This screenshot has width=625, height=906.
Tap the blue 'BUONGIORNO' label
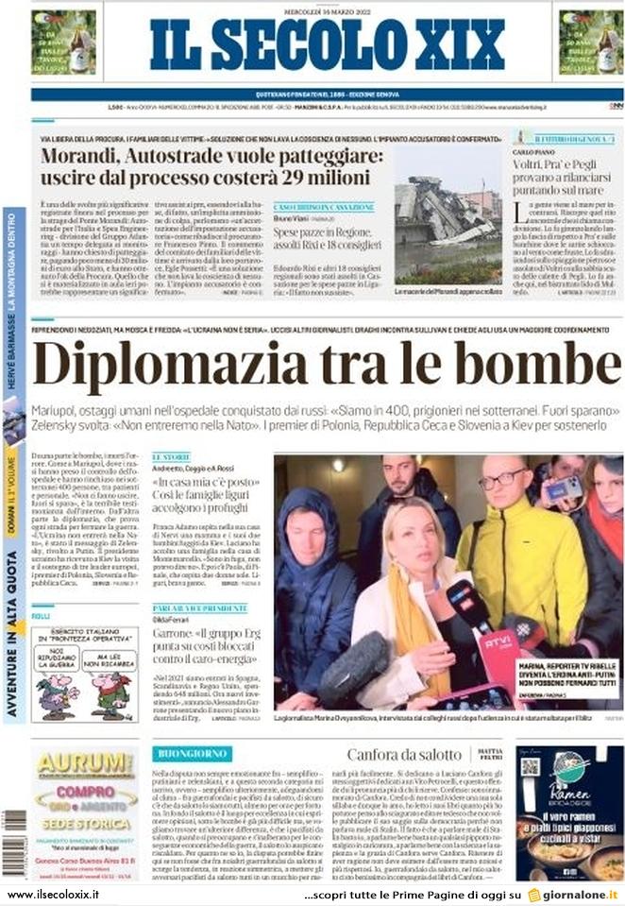tap(192, 754)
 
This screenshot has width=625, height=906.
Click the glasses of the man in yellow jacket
tap(503, 480)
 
